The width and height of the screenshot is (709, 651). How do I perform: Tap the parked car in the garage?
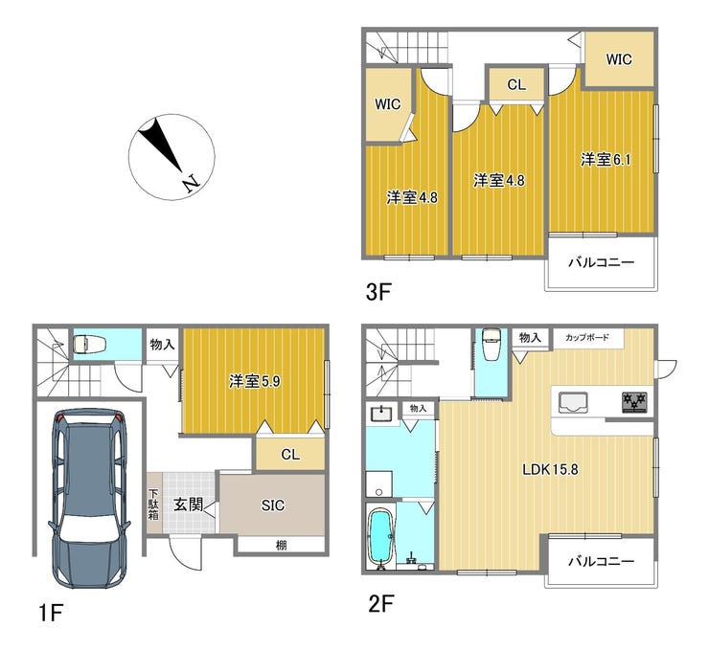coord(89,498)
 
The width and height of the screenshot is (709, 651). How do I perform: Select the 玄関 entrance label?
coord(188,505)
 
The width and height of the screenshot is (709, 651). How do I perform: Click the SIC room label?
coord(273,505)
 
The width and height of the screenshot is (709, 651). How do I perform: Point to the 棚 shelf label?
coord(282,546)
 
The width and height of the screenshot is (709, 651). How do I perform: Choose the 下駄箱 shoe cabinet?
coord(153,503)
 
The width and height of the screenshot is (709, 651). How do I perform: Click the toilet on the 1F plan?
coord(89,345)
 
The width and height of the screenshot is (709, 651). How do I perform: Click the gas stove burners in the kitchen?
coord(634,402)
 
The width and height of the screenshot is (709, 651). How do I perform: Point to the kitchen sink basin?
coord(573,402)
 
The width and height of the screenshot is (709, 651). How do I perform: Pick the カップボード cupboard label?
coord(587,338)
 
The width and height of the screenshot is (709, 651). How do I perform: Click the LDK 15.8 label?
coord(550,469)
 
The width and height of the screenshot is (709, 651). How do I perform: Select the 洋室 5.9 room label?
coord(255,382)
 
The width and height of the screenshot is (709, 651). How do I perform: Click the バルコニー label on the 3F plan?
coord(601,262)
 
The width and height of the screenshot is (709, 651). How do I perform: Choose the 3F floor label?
coord(377,292)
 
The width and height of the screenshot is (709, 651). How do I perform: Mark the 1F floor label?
coord(50,613)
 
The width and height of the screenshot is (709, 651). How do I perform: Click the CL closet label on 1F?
coord(290,455)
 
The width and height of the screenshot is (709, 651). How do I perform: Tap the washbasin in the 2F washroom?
coord(382,413)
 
